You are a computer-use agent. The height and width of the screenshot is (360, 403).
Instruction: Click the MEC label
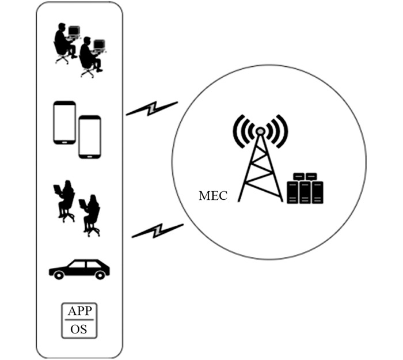pyautogui.click(x=212, y=195)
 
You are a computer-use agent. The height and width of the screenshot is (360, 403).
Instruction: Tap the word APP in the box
pyautogui.click(x=79, y=312)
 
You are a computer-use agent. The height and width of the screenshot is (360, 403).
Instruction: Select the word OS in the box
pyautogui.click(x=79, y=329)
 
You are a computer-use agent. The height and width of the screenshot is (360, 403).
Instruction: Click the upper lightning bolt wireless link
pyautogui.click(x=151, y=108)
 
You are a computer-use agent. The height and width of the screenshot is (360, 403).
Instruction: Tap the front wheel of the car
pyautogui.click(x=59, y=275)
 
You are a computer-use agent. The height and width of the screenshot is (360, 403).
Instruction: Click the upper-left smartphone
pyautogui.click(x=64, y=123)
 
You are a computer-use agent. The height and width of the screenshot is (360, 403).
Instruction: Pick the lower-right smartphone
pyautogui.click(x=90, y=137)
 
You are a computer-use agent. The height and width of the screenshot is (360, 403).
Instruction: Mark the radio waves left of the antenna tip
pyautogui.click(x=242, y=129)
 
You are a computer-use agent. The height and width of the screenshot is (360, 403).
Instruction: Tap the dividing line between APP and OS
pyautogui.click(x=79, y=320)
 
